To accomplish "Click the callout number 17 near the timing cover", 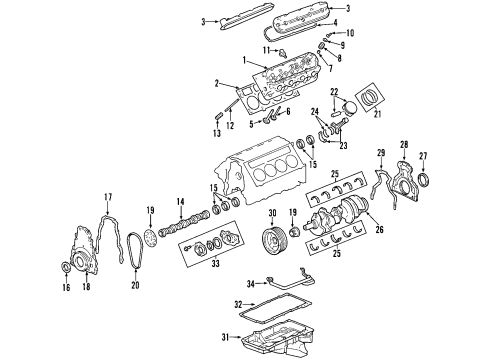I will (x=109, y=196).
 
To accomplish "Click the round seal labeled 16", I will (x=68, y=267).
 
